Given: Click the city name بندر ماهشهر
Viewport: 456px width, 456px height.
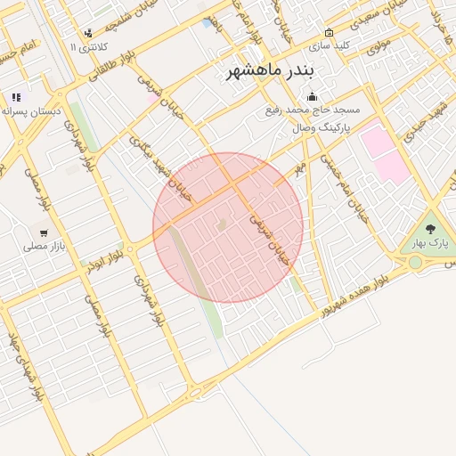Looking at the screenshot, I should click(x=266, y=70).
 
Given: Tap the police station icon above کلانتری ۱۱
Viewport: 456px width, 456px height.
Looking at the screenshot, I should click(x=88, y=34).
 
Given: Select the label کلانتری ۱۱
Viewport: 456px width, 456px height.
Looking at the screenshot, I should click(x=88, y=45).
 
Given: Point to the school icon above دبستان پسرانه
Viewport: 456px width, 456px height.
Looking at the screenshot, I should click(x=15, y=97).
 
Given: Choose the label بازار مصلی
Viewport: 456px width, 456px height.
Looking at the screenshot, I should click(x=41, y=244).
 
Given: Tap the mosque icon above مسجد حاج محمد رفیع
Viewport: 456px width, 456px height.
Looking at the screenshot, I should click(x=312, y=97).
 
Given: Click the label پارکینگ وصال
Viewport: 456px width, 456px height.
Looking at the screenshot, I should click(x=322, y=128).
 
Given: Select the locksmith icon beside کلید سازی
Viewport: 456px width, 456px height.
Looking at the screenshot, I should click(x=329, y=33).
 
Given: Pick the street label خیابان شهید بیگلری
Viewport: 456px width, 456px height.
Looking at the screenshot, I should click(x=151, y=160).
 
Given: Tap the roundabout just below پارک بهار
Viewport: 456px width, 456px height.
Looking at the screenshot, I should click(x=416, y=262).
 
